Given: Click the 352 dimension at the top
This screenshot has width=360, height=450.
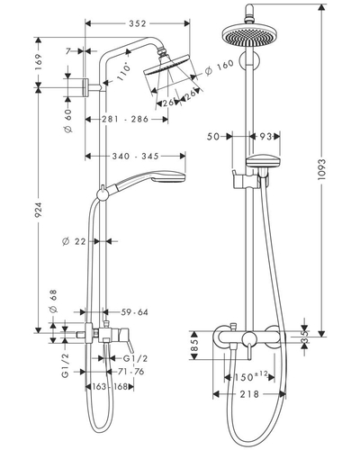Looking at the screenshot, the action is coord(138,23).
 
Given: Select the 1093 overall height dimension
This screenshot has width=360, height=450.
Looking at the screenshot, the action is coord(321,169).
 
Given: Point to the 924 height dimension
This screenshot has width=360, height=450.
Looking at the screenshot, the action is coord(39,210).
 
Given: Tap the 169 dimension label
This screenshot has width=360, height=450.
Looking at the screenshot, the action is coord(39,62).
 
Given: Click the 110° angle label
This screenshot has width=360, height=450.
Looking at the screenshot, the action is coord(123,71).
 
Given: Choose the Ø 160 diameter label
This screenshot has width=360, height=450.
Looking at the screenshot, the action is coord(219,67).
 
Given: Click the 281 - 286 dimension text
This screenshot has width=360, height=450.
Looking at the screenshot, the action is coord(125,119).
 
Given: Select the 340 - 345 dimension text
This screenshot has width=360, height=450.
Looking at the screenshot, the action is coord(135,156).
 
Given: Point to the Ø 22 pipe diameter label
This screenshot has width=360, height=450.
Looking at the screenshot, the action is coord(74,241).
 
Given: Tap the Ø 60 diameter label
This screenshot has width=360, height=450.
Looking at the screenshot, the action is coord(68,121).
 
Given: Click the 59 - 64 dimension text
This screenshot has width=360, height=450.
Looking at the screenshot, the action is coord(134,312).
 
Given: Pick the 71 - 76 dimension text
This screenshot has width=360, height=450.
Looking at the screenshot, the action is coord(130,372).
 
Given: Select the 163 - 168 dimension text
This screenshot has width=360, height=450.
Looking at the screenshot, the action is coord(110,387).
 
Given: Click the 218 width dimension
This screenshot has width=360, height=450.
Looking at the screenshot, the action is coord(249,394).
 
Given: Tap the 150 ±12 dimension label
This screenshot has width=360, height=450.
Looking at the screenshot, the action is coord(251,377).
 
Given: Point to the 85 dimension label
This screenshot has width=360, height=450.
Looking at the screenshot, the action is coord(194,346).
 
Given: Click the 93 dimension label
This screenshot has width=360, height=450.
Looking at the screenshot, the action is coord(265,137).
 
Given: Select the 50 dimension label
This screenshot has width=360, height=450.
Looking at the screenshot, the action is coord(213,137).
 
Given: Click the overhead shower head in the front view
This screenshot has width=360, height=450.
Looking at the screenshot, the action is coord(249,35).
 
